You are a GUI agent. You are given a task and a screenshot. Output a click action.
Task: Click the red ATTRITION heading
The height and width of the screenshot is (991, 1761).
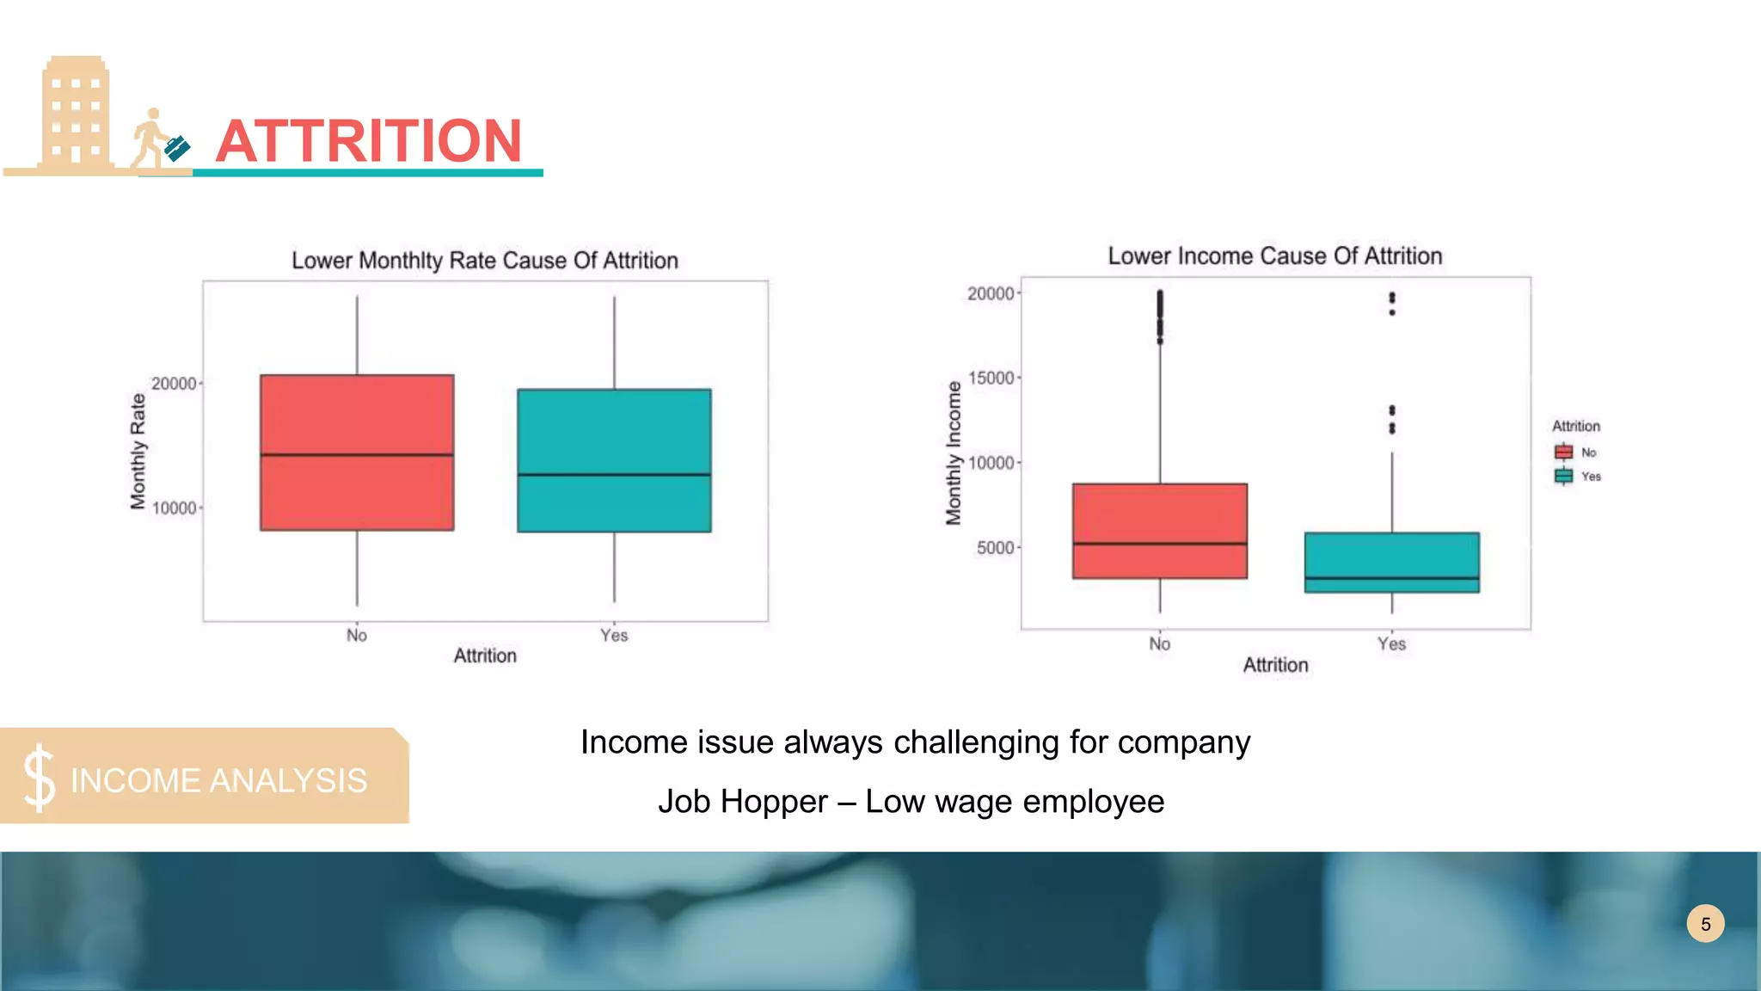[x=368, y=141]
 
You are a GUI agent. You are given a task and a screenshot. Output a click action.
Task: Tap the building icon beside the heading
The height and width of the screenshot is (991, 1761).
[x=76, y=114]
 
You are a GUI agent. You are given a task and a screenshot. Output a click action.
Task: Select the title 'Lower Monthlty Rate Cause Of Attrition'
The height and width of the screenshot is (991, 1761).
[x=485, y=261]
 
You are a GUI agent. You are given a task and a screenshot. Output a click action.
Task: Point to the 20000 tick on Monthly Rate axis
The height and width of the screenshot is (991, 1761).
[x=175, y=384]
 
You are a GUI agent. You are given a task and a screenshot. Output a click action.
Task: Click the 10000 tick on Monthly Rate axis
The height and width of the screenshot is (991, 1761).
[x=175, y=508]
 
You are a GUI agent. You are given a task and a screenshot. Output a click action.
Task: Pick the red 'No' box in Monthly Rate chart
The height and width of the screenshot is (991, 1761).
[x=357, y=452]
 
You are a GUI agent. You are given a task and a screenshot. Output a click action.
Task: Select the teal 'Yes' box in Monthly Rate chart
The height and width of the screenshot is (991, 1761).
[x=614, y=461]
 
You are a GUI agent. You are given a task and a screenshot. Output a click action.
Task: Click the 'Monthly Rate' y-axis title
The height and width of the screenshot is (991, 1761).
[x=138, y=452]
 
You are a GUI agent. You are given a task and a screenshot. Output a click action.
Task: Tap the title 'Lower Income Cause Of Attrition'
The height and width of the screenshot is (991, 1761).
[x=1274, y=256]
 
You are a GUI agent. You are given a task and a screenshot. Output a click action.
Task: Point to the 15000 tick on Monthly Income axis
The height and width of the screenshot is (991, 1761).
[x=991, y=379]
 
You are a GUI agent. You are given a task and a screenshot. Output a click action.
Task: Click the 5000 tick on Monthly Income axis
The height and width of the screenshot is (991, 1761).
[x=997, y=548]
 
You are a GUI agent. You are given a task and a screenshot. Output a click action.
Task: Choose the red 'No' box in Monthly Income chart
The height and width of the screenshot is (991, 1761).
[x=1159, y=531]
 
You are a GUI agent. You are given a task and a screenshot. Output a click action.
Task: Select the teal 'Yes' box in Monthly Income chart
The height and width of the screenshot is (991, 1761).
[x=1391, y=563]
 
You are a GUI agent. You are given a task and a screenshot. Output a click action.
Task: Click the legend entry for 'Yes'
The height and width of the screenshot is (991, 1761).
[x=1577, y=477]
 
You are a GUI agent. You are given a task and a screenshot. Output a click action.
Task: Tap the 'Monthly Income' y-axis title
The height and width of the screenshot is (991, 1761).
[x=953, y=453]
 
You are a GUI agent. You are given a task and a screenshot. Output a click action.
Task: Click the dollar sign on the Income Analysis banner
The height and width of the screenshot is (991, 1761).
[x=39, y=779]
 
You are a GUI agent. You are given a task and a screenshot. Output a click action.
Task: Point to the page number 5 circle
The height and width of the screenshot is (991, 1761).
[x=1705, y=924]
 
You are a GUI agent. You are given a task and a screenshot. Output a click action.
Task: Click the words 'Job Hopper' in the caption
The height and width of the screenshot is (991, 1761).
[x=743, y=802]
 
